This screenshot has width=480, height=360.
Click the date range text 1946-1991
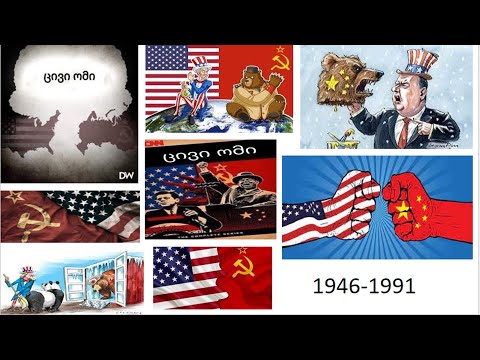tap(364, 288)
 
